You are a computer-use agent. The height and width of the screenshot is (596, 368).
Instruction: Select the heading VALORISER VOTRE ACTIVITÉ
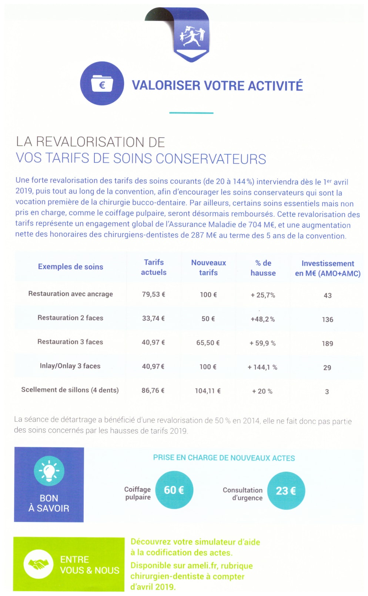coord(217,85)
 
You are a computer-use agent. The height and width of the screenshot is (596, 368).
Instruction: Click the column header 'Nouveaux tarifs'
coord(208,267)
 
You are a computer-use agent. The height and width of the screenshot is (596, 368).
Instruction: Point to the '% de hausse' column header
coord(263,268)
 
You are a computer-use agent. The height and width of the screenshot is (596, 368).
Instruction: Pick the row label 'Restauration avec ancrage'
coord(70,294)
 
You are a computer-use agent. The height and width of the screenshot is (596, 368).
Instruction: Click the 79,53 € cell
coord(153,294)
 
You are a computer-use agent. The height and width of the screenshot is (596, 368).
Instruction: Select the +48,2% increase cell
coord(263,319)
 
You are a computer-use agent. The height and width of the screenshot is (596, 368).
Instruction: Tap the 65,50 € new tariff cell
coord(208,343)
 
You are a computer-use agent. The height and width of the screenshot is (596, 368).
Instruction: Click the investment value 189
coord(327,343)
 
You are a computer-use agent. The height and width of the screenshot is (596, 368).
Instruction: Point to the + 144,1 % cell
coord(262,367)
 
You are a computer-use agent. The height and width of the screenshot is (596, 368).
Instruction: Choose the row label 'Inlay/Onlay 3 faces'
coord(70,366)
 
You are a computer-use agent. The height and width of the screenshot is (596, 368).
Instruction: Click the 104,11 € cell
coord(208,391)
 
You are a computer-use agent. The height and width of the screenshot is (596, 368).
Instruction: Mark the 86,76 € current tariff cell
coord(153,390)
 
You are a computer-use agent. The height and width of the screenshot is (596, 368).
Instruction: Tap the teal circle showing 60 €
coord(174,490)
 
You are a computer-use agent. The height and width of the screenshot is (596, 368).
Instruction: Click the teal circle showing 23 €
coord(286,491)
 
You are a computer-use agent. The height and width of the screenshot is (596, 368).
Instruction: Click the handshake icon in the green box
coord(39,565)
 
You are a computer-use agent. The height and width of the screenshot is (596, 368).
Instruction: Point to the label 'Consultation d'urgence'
coord(242,494)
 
